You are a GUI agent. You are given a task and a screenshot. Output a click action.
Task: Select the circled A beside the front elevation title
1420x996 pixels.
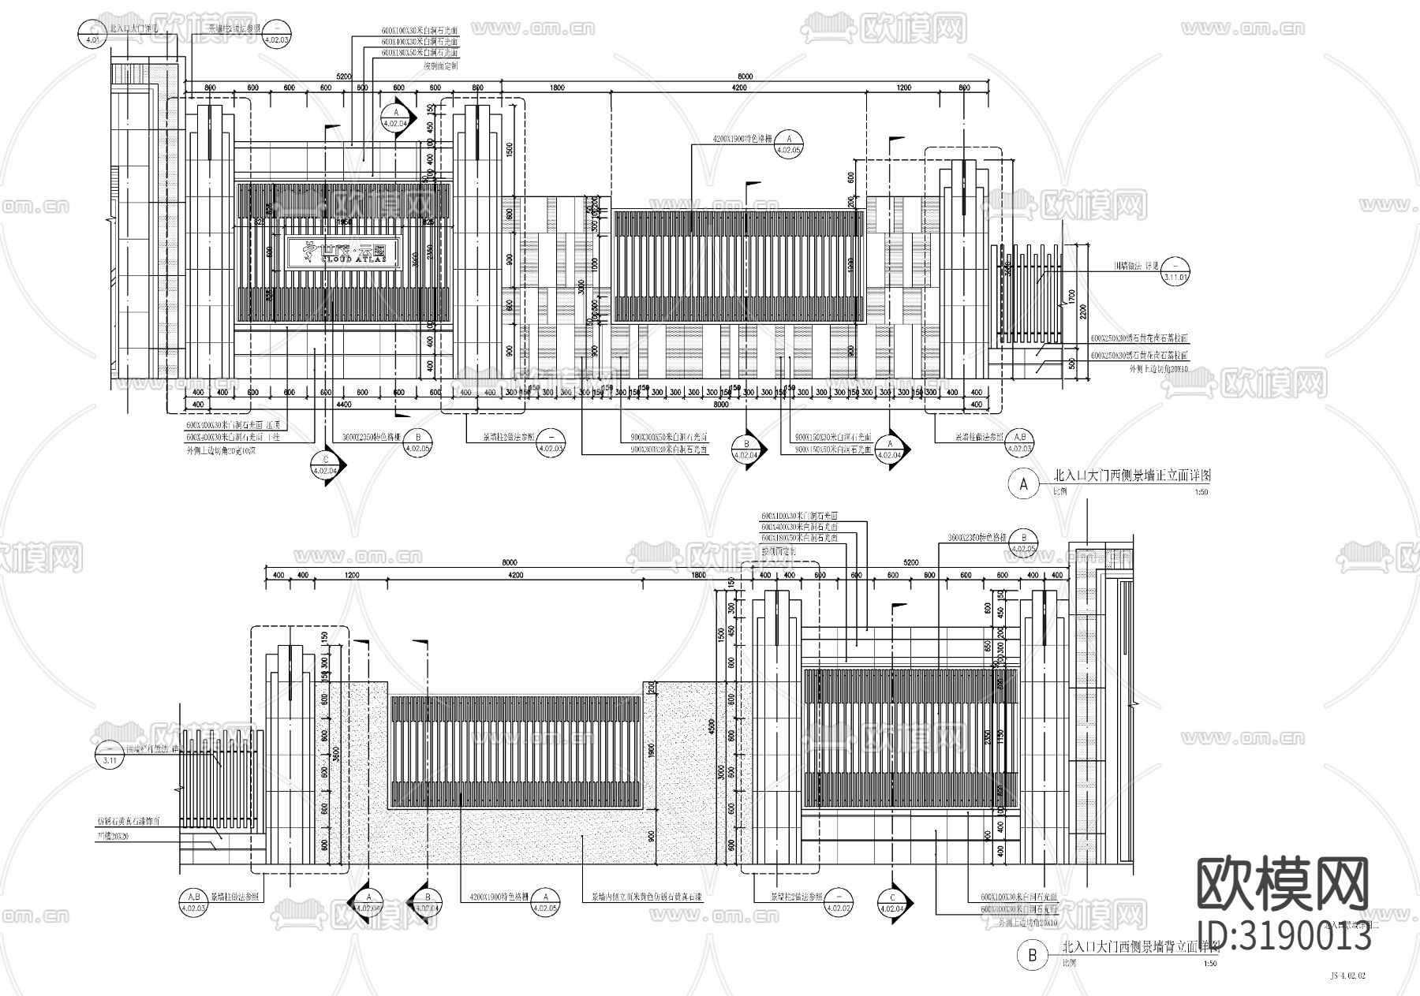click(1024, 485)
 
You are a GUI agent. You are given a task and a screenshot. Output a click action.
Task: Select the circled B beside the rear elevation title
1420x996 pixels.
click(1031, 957)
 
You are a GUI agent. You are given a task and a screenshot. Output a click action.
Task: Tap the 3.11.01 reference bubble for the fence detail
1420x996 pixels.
click(1175, 272)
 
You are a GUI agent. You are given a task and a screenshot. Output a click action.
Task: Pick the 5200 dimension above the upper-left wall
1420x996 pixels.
click(343, 77)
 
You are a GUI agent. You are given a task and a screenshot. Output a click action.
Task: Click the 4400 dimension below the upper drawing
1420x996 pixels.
click(345, 405)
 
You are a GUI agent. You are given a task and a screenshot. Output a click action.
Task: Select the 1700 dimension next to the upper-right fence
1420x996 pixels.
click(1071, 298)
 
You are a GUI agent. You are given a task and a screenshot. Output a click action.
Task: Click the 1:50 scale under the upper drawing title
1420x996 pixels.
click(1201, 492)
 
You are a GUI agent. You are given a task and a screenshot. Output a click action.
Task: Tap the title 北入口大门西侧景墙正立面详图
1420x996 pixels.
click(1132, 476)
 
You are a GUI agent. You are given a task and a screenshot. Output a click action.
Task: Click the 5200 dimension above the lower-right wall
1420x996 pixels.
click(910, 562)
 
